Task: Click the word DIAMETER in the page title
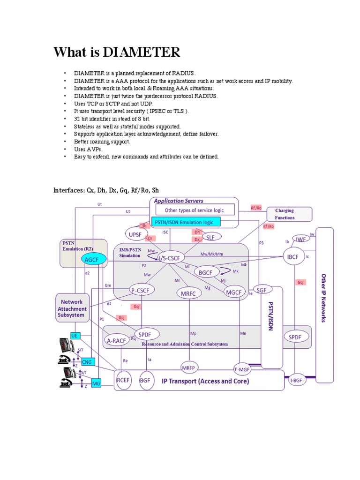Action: point(141,52)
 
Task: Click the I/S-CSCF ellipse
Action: point(171,258)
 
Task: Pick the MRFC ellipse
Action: point(189,294)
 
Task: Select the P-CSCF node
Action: point(140,291)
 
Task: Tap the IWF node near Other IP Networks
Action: point(300,239)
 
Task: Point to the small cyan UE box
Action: point(75,335)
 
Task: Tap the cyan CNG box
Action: point(87,362)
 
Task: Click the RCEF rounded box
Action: point(124,381)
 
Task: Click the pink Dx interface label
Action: point(197,240)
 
